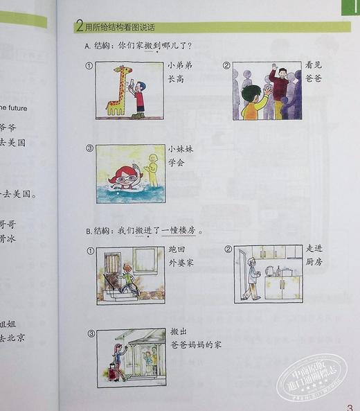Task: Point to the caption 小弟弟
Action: (178, 66)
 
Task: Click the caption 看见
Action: (314, 65)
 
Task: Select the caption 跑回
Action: (177, 249)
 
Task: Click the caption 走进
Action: (315, 249)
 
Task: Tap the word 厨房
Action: (314, 262)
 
